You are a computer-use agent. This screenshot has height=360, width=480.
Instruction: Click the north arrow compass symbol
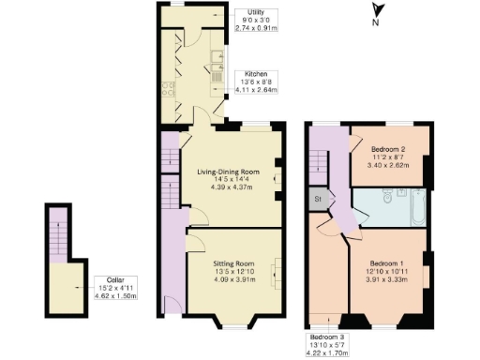pyautogui.click(x=375, y=12)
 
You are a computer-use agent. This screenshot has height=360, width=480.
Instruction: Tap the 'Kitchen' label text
pyautogui.click(x=256, y=73)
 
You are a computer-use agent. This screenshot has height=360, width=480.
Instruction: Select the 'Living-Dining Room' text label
pyautogui.click(x=228, y=172)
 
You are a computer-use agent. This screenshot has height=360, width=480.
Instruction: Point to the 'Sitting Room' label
pyautogui.click(x=233, y=264)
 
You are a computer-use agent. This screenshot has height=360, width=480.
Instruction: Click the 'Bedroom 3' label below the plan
pyautogui.click(x=326, y=337)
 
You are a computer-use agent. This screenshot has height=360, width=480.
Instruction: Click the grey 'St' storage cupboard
pyautogui.click(x=318, y=198)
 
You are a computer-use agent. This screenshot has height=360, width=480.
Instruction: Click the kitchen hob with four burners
pyautogui.click(x=169, y=91)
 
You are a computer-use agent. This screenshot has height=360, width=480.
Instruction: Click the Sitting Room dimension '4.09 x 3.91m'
pyautogui.click(x=233, y=278)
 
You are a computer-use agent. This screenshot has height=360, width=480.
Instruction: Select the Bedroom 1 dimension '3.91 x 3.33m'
pyautogui.click(x=388, y=279)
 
